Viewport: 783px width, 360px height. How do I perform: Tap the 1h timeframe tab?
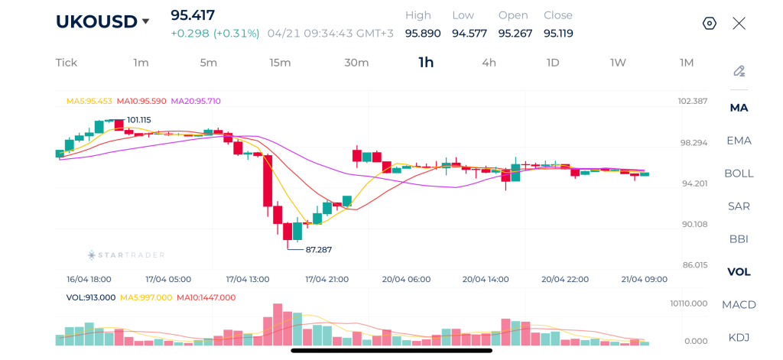(426, 63)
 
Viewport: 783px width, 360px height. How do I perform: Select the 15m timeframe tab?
(280, 63)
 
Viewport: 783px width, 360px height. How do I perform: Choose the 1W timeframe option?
(618, 63)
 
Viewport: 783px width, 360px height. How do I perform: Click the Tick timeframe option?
(67, 63)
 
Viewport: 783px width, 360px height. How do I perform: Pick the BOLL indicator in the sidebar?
(739, 174)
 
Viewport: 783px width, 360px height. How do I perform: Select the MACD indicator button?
(739, 305)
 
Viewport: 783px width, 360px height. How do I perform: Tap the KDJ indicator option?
(739, 338)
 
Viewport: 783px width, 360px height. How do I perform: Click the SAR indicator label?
(739, 206)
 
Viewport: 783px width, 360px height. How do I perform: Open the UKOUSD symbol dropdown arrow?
(146, 21)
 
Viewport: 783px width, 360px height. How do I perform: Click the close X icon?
(739, 23)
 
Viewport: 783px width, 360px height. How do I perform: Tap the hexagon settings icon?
(710, 23)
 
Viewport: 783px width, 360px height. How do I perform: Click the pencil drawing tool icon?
(739, 71)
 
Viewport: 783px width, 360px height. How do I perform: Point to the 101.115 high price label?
(139, 120)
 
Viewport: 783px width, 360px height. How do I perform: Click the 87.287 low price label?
(318, 249)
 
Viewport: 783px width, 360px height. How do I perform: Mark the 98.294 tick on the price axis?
(695, 143)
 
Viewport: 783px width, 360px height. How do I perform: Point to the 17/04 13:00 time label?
(248, 280)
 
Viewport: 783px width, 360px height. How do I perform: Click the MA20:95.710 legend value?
(196, 101)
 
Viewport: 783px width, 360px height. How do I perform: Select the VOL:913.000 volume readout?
(91, 297)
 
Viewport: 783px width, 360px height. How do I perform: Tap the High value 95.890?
(423, 34)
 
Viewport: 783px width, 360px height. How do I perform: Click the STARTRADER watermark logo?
(126, 255)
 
